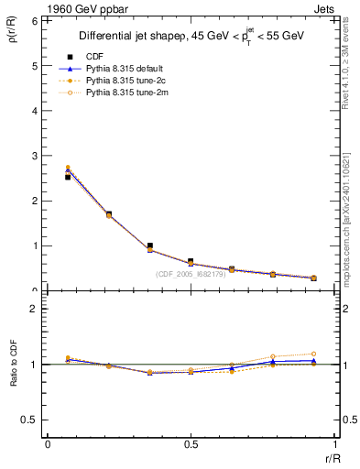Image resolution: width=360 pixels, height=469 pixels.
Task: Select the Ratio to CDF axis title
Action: coord(12,376)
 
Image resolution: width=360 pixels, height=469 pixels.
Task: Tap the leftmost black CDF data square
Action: coord(68,177)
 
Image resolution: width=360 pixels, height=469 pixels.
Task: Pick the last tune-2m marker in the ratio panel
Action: coord(313,354)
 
